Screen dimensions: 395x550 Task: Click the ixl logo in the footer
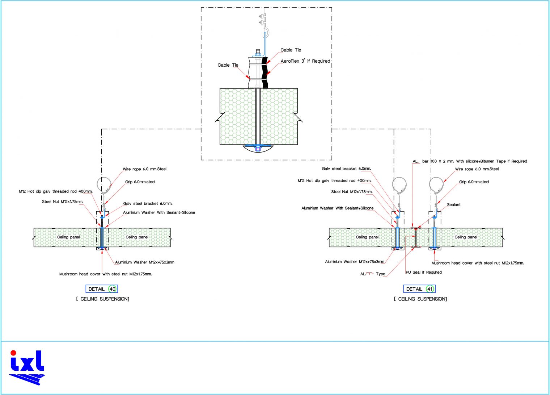27,367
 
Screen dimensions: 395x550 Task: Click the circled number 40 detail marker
113,289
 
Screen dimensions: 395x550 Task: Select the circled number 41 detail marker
430,289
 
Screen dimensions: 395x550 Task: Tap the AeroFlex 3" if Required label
305,61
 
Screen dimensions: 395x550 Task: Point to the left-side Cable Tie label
228,65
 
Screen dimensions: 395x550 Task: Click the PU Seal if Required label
423,272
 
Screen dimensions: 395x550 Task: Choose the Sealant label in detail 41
453,205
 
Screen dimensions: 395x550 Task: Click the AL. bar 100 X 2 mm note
470,161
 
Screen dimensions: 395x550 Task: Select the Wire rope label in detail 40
144,169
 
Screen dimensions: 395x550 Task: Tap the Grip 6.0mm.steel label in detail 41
474,182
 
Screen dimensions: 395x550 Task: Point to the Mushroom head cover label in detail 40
105,274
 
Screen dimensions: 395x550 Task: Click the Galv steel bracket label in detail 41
346,169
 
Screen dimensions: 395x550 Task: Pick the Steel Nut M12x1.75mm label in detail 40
63,202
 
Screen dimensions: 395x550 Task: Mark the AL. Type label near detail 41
373,274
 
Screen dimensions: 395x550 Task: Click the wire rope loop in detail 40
105,185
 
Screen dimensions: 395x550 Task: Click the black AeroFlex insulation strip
266,72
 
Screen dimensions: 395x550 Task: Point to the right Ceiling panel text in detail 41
466,237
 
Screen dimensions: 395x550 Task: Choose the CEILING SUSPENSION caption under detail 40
103,299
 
